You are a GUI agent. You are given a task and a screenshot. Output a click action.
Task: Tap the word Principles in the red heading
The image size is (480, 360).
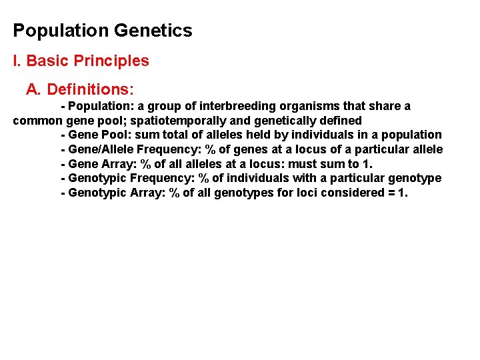pos(111,61)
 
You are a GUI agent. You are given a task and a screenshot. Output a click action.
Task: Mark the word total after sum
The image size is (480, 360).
pos(169,135)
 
